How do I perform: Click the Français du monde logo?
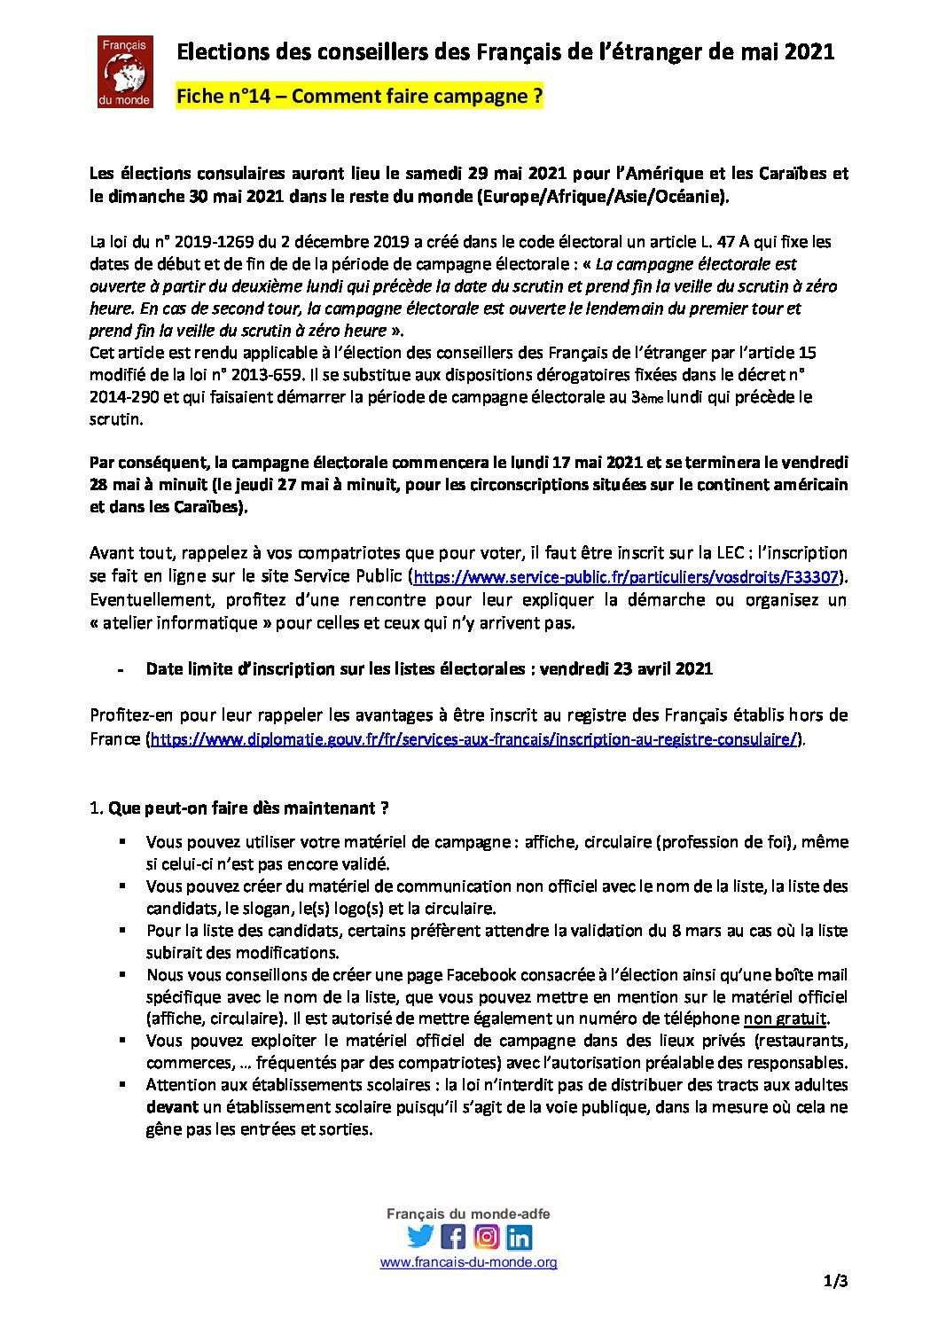click(125, 72)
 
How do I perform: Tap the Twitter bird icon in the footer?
click(420, 1236)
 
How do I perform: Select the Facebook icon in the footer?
click(453, 1236)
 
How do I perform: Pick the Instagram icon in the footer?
click(487, 1236)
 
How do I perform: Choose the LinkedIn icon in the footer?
click(520, 1236)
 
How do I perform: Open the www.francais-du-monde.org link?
click(468, 1262)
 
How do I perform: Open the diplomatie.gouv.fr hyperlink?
click(474, 739)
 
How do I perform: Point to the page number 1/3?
click(836, 1281)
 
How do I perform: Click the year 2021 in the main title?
click(809, 51)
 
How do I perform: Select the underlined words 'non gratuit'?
click(785, 1019)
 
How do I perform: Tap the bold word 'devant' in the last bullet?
click(172, 1106)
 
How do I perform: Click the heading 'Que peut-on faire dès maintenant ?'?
click(248, 808)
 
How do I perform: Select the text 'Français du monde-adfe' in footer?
click(468, 1214)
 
